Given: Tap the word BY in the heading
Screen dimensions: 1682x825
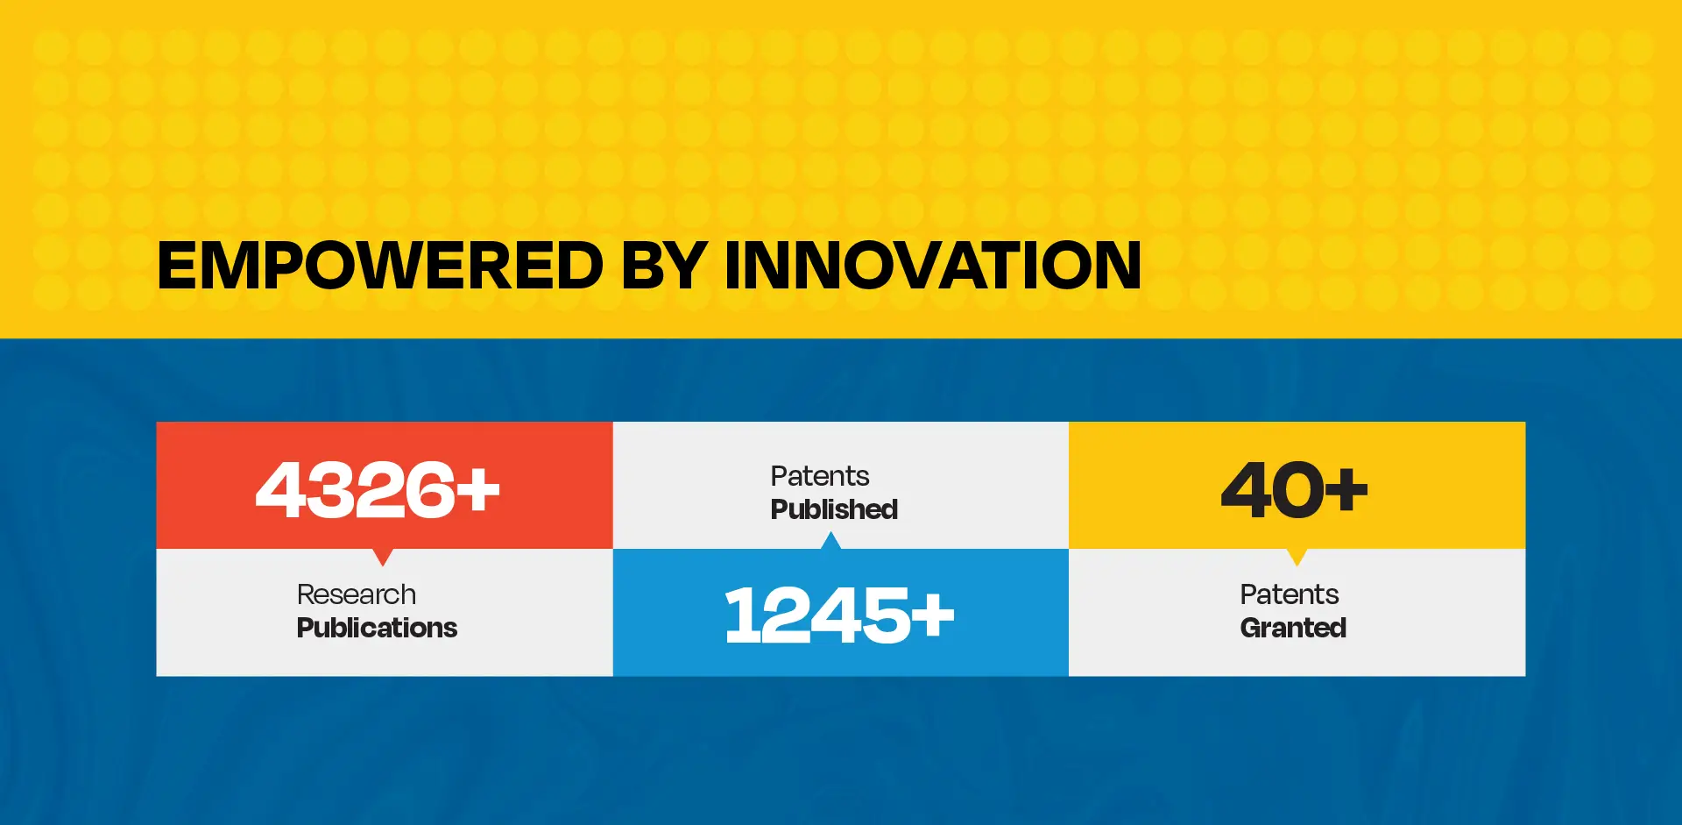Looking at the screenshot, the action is (x=664, y=266).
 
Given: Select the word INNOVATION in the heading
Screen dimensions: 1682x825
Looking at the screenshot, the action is (x=933, y=266).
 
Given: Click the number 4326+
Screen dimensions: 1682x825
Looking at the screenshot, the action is (x=378, y=489).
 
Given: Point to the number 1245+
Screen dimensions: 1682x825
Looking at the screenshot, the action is (x=839, y=615).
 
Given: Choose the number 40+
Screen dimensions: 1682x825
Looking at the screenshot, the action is (x=1294, y=489).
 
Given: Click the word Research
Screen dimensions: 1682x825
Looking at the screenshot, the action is (x=357, y=594).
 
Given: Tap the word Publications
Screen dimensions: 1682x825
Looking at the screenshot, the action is (x=377, y=628).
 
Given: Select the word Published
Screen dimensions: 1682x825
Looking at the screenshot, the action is (x=834, y=509).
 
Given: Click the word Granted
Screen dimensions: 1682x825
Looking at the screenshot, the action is (x=1293, y=628).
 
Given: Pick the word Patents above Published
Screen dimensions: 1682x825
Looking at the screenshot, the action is (x=820, y=476).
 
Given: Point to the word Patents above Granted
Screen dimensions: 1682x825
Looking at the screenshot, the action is (x=1290, y=594).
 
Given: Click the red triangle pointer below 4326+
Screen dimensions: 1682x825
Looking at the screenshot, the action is (x=383, y=556).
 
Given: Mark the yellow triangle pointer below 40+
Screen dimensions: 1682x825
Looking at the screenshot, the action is (x=1297, y=556).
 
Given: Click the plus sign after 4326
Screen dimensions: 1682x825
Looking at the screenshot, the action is (x=477, y=490).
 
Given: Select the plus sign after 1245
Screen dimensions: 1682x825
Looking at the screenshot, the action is (x=932, y=615).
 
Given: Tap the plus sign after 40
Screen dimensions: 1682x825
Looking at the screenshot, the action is (x=1346, y=490).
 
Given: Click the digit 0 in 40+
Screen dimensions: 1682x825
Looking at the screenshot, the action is (x=1296, y=489).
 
